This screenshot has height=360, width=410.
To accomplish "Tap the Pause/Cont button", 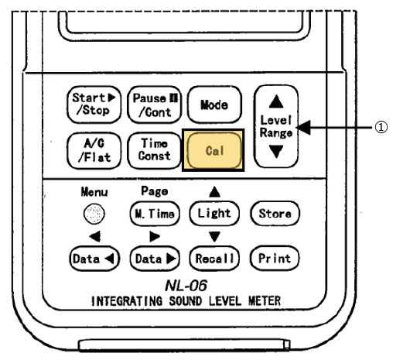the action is coord(154,105).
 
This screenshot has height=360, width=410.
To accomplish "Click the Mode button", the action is coord(214,105).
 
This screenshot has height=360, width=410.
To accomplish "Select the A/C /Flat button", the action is coord(94,151).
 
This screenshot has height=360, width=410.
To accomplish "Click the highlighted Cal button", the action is coord(214,150).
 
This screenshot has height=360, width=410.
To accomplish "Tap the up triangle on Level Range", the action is coord(276,101).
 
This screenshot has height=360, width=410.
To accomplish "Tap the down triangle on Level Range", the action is coord(276,152).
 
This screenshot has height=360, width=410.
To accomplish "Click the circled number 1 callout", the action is coord(381,128).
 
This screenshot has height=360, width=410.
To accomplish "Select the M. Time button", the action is coord(155,214).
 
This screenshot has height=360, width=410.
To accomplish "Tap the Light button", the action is coord(214,214).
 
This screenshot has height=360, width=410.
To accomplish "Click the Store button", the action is coord(275,214).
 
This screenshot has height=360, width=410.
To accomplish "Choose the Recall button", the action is coord(214,259).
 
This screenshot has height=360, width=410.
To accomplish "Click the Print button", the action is coord(275,259).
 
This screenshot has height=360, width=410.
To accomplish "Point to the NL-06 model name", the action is coord(186,286).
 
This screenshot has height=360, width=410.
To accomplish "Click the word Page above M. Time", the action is coord(154,191).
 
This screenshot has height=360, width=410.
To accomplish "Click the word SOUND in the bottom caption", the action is coord(186,301).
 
